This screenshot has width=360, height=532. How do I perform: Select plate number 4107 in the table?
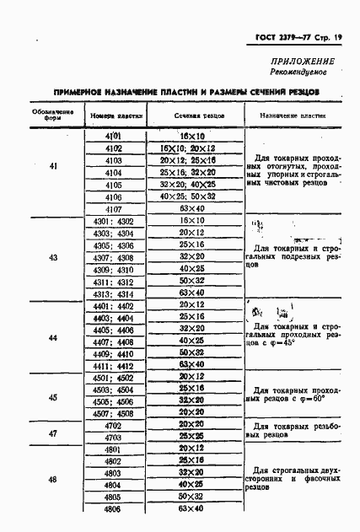[114, 208]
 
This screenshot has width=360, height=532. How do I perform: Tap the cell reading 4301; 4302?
[114, 221]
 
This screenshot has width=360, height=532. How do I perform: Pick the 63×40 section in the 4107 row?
[195, 208]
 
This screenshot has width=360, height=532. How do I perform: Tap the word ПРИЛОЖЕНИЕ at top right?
[301, 62]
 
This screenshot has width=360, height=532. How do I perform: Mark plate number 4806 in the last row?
[114, 509]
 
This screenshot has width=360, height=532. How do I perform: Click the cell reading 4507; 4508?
[114, 413]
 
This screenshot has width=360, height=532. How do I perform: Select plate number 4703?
[114, 438]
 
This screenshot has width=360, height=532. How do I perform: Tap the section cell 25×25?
[195, 438]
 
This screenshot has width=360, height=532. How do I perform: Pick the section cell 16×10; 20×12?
[195, 148]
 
